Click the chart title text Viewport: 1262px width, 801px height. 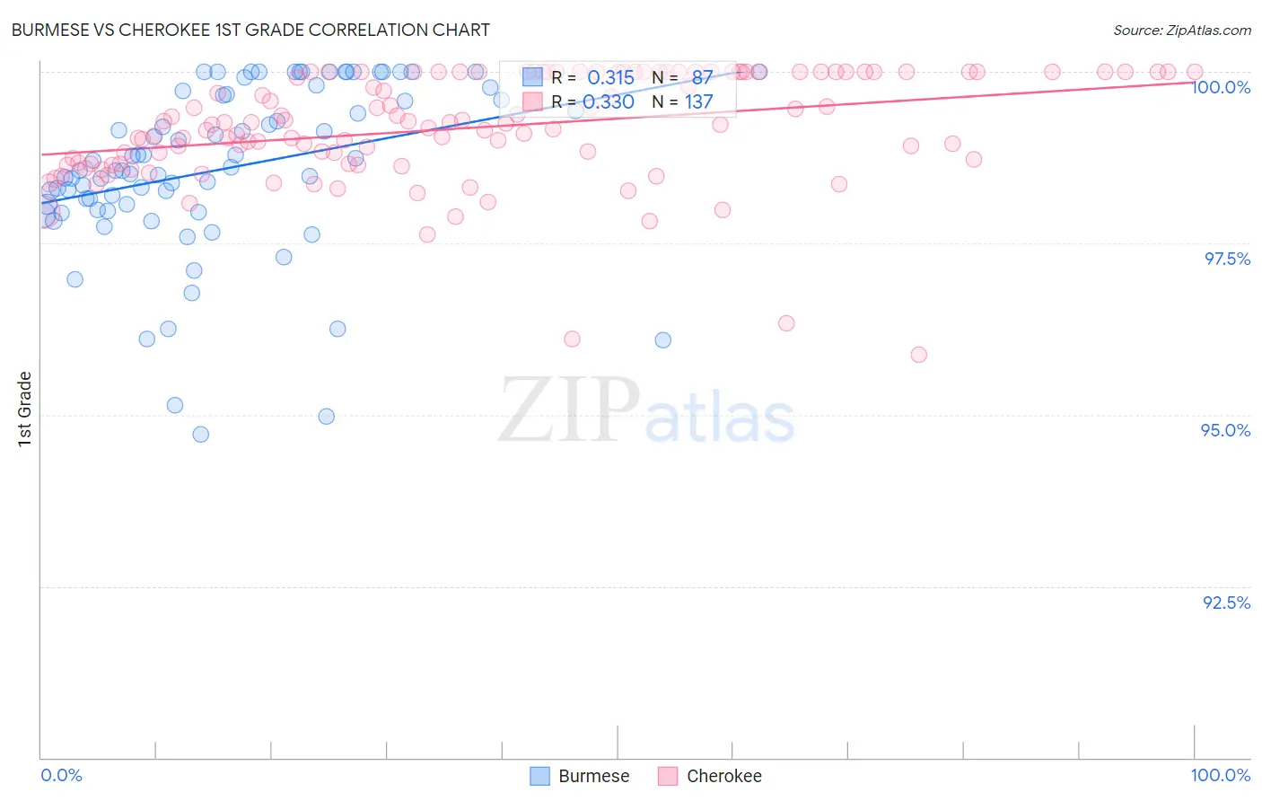pos(250,30)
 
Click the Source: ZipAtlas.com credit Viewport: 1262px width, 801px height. pos(1181,30)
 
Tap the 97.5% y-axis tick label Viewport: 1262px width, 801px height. pos(1226,259)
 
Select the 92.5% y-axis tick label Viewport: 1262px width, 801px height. pos(1226,603)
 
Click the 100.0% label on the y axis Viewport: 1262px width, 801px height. pos(1221,87)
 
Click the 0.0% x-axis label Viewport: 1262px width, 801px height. pos(61,775)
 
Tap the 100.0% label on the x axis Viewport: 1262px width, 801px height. pos(1220,775)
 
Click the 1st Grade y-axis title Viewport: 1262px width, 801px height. pos(24,409)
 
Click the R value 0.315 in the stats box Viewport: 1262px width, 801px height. pos(610,77)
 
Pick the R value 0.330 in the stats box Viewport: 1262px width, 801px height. pos(609,101)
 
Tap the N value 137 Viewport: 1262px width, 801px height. pos(698,101)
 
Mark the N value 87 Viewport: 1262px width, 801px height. pos(702,77)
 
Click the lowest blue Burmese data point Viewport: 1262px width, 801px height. pos(201,435)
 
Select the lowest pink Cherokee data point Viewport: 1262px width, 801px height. pos(918,355)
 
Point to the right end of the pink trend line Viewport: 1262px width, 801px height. pos(1193,81)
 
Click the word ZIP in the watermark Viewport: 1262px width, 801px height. pos(568,410)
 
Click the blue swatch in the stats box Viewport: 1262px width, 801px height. pos(533,77)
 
